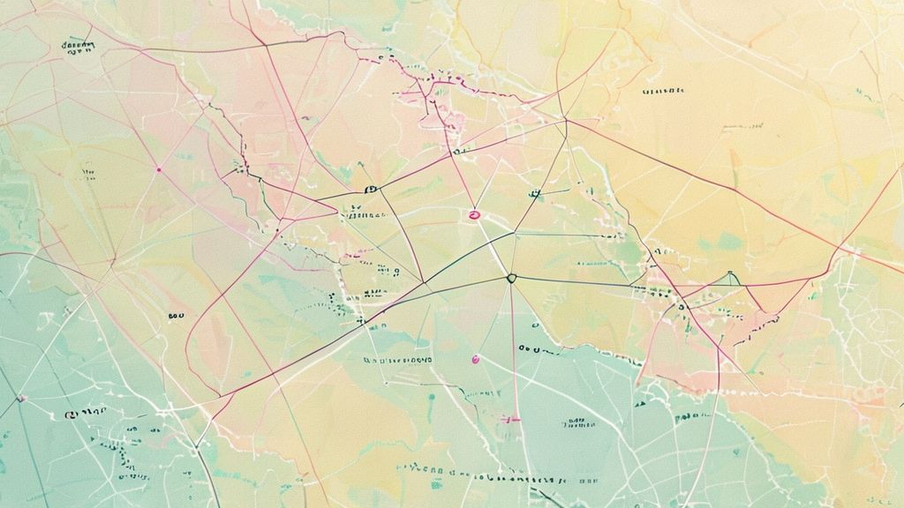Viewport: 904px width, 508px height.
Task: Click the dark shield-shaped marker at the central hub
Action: [510, 278]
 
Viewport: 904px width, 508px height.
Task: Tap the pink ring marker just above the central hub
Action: [474, 214]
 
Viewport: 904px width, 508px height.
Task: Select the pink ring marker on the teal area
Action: [476, 358]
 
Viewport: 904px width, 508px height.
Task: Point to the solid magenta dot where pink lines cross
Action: [158, 168]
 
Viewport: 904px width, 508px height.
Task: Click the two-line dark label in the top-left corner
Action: [77, 47]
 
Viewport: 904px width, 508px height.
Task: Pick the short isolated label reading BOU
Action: [175, 315]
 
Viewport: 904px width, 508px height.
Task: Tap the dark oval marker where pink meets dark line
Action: [370, 190]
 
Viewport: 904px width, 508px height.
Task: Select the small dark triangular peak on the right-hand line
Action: [730, 278]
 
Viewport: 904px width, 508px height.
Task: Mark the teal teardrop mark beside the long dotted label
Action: [432, 399]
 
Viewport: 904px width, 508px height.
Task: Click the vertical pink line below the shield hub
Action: [511, 353]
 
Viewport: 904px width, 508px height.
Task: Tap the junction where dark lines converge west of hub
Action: [424, 283]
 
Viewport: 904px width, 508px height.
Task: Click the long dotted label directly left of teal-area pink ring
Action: [397, 360]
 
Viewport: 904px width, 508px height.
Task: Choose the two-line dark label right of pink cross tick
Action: [578, 422]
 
